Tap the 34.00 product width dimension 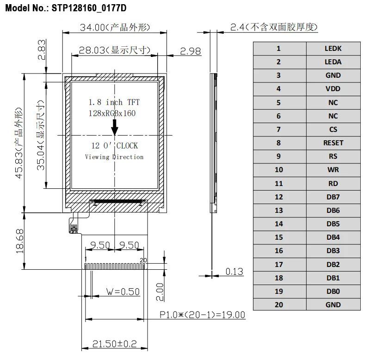92,28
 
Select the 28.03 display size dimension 92,50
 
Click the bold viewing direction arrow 114,125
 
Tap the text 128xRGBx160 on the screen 112,113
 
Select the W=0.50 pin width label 123,292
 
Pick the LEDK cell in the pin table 333,48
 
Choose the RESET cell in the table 333,143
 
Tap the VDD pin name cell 333,89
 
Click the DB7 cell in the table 333,197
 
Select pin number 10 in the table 278,170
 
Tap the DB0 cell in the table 333,292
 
